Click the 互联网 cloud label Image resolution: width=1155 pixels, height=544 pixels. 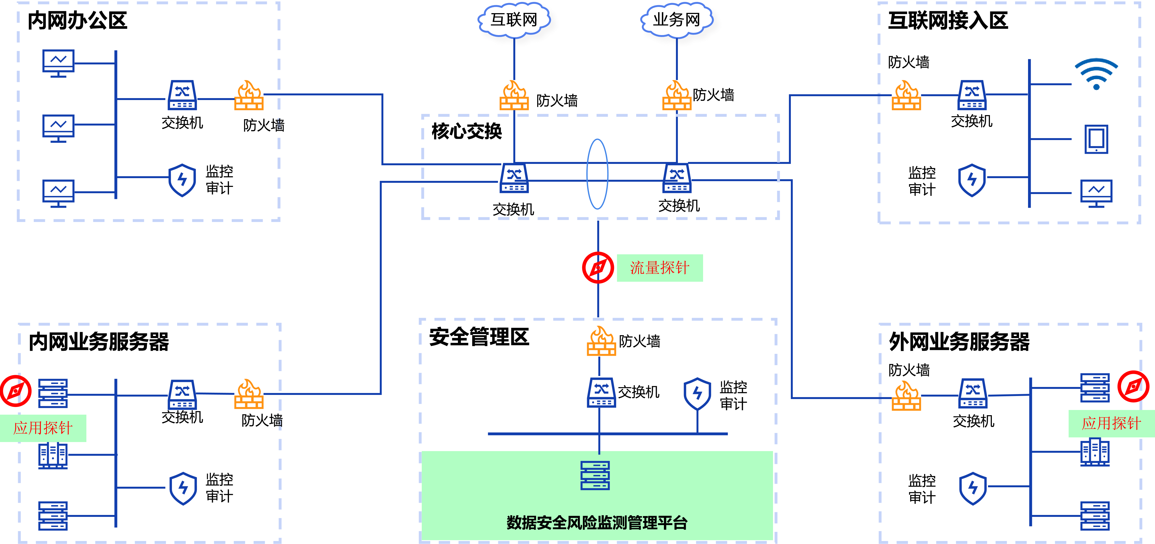(x=514, y=20)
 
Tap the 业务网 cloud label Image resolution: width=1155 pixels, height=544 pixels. (x=676, y=20)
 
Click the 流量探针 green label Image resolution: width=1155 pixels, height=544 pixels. (x=659, y=268)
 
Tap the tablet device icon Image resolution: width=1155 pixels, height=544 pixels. (x=1096, y=139)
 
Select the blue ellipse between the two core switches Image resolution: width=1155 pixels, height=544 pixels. (x=597, y=174)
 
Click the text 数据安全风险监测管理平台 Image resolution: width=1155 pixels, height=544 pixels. (x=597, y=523)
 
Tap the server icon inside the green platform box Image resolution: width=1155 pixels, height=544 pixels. (x=595, y=475)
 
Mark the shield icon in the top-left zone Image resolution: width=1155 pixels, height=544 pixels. (x=182, y=180)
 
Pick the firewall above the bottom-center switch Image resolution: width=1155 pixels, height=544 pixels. (x=601, y=341)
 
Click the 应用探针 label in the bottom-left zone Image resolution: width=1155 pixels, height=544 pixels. (x=43, y=428)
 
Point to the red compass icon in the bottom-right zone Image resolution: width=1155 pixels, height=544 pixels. (x=1133, y=386)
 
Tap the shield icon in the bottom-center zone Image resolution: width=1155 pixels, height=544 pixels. (x=697, y=394)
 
